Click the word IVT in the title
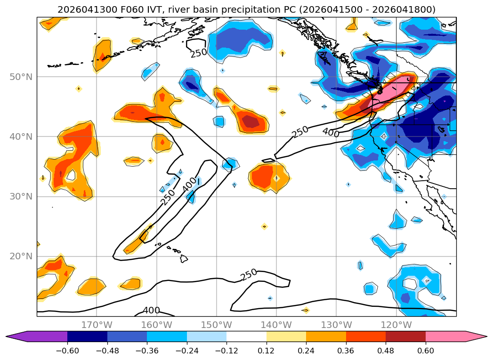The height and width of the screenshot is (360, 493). (x=155, y=10)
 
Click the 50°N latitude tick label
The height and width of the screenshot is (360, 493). (x=21, y=77)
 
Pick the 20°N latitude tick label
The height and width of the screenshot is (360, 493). (x=21, y=256)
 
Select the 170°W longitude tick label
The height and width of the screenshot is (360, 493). (x=97, y=325)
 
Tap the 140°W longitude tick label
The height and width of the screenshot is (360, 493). (x=276, y=325)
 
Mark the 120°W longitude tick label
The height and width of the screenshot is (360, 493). (x=396, y=325)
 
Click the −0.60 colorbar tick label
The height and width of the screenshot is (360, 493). (x=67, y=351)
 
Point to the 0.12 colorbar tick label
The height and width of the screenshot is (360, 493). (x=267, y=351)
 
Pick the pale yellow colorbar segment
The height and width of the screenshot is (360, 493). (x=286, y=336)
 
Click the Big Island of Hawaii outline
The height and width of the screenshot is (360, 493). (x=184, y=258)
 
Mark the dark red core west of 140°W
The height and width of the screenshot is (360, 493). (x=253, y=121)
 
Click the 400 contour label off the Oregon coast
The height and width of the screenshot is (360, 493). (x=331, y=132)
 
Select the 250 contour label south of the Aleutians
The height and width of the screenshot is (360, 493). (x=199, y=53)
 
